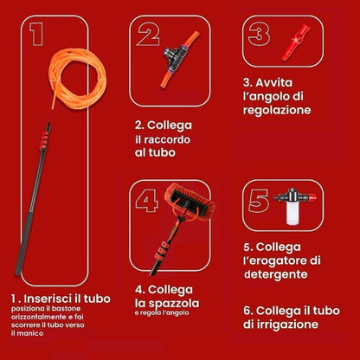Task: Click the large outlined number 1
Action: tap(36, 34)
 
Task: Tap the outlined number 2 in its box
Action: tap(148, 34)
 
